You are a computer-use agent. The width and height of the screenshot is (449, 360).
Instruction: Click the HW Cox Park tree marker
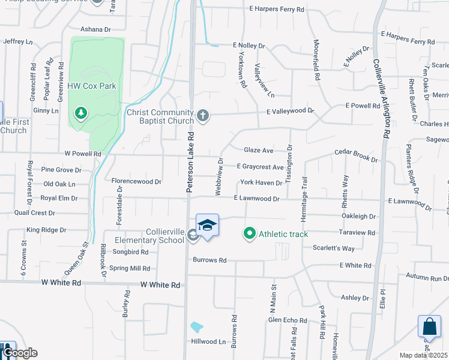[x=81, y=113]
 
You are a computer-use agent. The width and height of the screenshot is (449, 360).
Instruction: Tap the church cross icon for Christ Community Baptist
[x=203, y=115]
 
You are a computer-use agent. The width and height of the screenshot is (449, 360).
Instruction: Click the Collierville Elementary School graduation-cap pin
[x=207, y=226]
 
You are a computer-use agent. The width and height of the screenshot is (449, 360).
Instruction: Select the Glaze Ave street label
[x=259, y=150]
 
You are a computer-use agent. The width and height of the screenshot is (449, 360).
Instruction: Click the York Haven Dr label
[x=261, y=182]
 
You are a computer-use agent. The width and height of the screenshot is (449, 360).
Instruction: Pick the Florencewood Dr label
[x=137, y=181]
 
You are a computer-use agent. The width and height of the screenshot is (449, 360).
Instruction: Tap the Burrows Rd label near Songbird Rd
[x=209, y=260]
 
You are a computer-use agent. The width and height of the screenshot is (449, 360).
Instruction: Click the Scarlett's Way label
[x=333, y=248]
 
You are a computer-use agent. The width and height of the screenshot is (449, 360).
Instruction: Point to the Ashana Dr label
[x=96, y=29]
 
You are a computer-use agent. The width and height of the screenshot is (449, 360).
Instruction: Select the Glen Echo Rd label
[x=288, y=320]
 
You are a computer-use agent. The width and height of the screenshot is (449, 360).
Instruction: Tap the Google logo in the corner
[x=19, y=353]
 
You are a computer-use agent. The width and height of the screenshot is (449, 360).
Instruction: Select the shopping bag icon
[x=429, y=328]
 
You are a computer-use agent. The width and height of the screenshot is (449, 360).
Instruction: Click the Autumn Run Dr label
[x=427, y=278]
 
